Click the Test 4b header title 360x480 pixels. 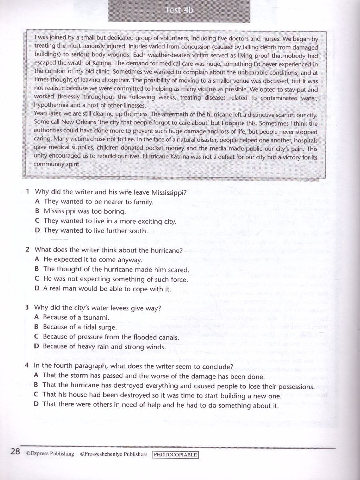(x=179, y=10)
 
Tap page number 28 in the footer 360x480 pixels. (x=15, y=452)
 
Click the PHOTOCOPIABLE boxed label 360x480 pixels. (x=176, y=455)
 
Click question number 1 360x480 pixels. (x=27, y=192)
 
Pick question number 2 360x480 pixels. (x=27, y=250)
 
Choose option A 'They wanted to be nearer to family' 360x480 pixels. (x=98, y=202)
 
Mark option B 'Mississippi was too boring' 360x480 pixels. (x=84, y=211)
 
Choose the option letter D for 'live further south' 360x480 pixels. (x=37, y=231)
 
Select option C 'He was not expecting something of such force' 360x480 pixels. (x=115, y=279)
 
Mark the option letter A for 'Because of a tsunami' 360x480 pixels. (x=36, y=317)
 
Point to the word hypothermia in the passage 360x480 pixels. (x=51, y=105)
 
